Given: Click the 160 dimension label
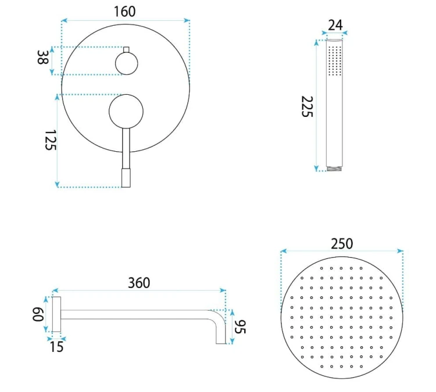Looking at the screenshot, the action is click(x=124, y=12).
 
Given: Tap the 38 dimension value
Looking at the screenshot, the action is click(x=42, y=58).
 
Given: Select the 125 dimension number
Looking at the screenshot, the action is click(x=51, y=140).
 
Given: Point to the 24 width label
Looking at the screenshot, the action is click(x=335, y=25).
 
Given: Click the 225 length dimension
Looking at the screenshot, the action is click(x=308, y=106).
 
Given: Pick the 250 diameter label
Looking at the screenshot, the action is click(x=342, y=244).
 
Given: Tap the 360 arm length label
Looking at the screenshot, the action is click(x=139, y=283).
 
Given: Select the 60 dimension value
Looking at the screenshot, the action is click(x=38, y=315).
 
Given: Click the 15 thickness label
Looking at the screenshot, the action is click(x=57, y=347).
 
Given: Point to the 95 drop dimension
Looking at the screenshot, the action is click(x=240, y=327).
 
